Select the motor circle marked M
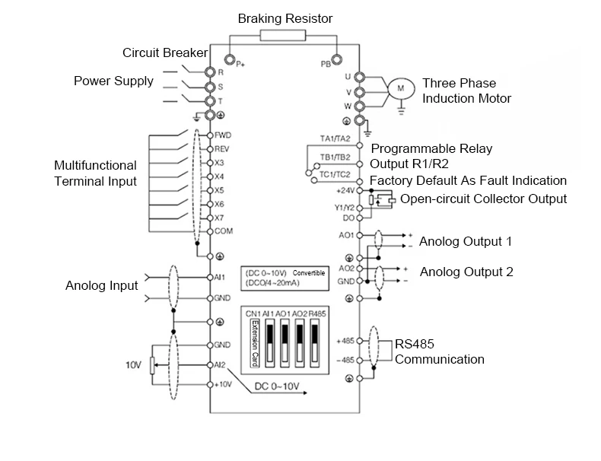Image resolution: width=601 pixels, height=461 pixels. click(x=399, y=89)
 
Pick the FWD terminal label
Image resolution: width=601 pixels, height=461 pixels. click(x=223, y=135)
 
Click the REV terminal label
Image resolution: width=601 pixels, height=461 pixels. click(x=222, y=148)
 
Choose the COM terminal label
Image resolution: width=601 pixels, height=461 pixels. click(x=223, y=230)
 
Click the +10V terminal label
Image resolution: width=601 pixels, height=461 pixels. click(x=222, y=385)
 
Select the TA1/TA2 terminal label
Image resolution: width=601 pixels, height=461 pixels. click(x=335, y=138)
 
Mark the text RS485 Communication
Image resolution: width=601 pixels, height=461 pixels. click(x=439, y=351)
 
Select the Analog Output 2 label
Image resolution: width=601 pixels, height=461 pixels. click(x=466, y=272)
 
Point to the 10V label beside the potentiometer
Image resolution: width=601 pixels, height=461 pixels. click(x=134, y=365)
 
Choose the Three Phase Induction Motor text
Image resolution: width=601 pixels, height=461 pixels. click(x=466, y=91)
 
